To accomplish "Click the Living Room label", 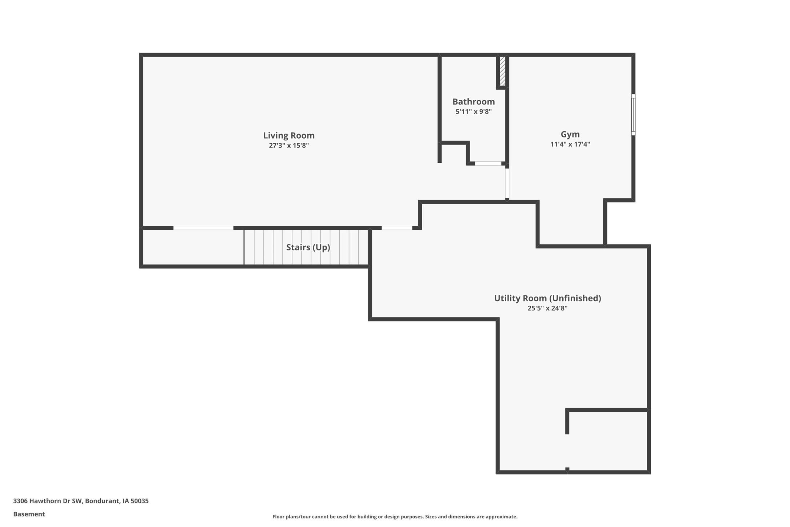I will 289,135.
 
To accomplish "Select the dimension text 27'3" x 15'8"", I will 289,146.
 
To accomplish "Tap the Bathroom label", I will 473,102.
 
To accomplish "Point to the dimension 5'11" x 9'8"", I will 473,112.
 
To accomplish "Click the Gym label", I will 570,134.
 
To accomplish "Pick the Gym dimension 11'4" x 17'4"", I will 570,144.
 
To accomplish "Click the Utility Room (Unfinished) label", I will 547,298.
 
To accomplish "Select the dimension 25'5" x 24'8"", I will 547,308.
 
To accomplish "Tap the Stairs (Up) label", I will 308,247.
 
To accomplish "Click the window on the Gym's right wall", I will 633,115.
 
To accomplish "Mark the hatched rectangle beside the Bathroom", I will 502,71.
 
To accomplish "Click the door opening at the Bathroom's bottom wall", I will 488,163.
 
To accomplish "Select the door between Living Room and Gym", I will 507,183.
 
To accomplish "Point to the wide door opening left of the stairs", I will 203,228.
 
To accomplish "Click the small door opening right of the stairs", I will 396,228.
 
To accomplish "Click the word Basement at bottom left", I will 29,514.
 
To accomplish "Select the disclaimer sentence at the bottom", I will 395,516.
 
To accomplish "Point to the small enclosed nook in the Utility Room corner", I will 607,440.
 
